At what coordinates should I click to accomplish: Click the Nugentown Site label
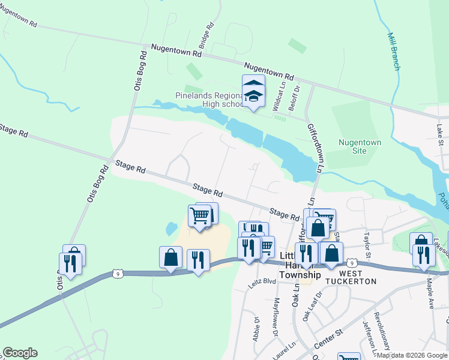coord(360,146)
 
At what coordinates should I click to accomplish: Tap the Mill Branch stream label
coord(393,52)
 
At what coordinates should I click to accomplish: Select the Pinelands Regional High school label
coord(208,100)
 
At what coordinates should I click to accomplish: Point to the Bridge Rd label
coord(206,36)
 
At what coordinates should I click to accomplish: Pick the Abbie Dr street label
coord(256,329)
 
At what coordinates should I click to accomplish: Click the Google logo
coord(20,353)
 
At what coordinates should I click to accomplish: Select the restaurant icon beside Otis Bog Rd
coord(70,263)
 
